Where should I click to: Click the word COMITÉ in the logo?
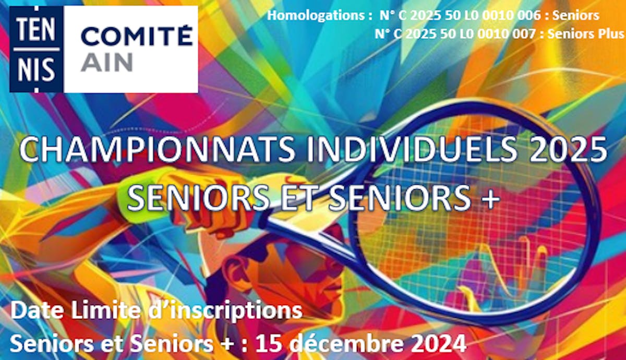tap(137, 35)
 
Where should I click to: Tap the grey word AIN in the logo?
tap(106, 62)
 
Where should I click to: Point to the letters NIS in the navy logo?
tap(37, 69)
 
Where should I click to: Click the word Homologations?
tap(316, 16)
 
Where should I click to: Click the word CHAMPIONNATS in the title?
tap(157, 150)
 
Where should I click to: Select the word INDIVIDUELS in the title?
tap(412, 150)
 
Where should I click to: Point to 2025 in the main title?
tap(568, 150)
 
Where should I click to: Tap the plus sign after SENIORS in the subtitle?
tap(490, 198)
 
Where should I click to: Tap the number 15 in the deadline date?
tap(269, 344)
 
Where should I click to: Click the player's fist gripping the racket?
tap(221, 212)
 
